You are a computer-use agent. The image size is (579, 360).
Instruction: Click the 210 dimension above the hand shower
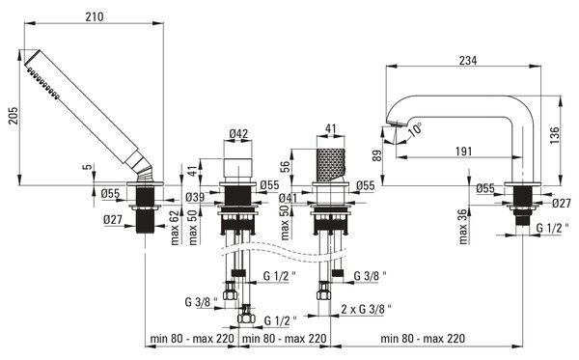pos(95,17)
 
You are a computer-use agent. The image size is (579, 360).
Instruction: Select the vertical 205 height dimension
pos(13,116)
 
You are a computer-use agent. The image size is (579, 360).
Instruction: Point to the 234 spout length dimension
pos(468,60)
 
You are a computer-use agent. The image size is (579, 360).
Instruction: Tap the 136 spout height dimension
pos(555,135)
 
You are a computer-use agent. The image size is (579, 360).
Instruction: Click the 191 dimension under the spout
pos(464,152)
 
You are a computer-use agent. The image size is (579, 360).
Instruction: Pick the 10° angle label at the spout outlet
pos(415,129)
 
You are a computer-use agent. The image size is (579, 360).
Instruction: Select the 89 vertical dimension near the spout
pos(377,155)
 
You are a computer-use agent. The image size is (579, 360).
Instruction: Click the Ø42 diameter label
pos(238,133)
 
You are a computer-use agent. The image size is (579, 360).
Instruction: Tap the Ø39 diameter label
pos(195,197)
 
